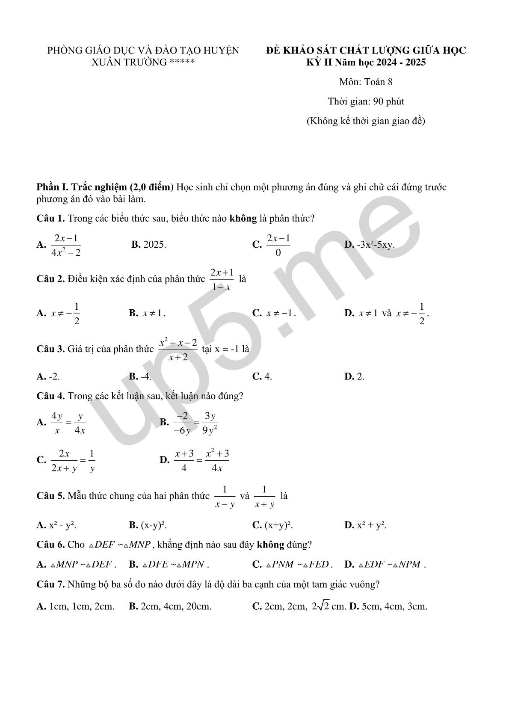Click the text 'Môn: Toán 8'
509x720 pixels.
pos(366,82)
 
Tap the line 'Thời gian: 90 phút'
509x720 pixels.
pos(366,101)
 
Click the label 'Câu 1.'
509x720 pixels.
pos(50,219)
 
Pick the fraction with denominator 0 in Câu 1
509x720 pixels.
pos(278,245)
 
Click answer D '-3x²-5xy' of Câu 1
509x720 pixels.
pos(370,245)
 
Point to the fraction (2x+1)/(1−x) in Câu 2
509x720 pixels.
pos(222,279)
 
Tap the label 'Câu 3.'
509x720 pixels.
pos(50,349)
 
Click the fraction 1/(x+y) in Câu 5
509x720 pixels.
pos(264,497)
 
